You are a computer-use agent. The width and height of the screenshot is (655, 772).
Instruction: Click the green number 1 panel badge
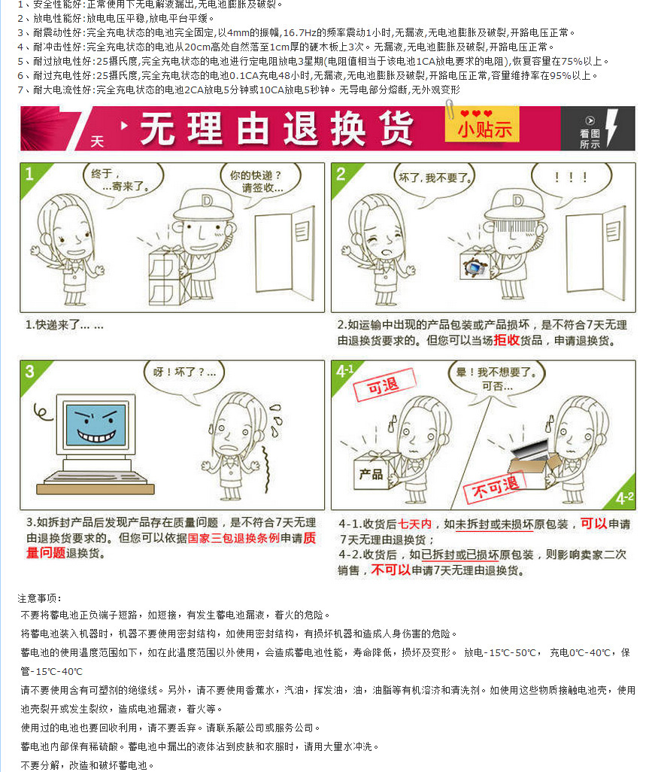[x=29, y=175]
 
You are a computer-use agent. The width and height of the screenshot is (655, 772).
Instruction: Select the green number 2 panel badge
[x=341, y=175]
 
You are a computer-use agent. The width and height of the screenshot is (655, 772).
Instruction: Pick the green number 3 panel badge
[x=29, y=372]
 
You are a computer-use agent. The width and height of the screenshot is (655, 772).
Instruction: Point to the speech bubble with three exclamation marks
[x=571, y=179]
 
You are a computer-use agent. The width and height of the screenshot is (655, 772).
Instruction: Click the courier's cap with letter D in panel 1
[x=198, y=202]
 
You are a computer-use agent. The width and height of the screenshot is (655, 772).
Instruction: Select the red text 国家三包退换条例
[x=233, y=539]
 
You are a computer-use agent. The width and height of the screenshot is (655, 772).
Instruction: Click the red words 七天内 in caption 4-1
[x=414, y=524]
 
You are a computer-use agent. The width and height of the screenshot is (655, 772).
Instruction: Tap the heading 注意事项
[x=39, y=598]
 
